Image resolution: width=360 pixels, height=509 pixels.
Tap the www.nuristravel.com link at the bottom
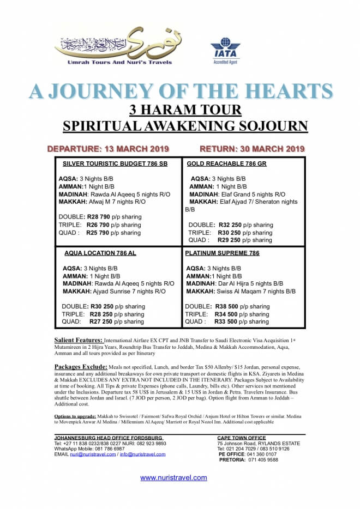(x=173, y=477)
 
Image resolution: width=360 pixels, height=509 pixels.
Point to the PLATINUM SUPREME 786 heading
(x=222, y=253)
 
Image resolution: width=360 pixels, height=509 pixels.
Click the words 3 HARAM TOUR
(x=185, y=109)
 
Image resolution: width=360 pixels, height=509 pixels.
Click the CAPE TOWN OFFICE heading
(x=242, y=438)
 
